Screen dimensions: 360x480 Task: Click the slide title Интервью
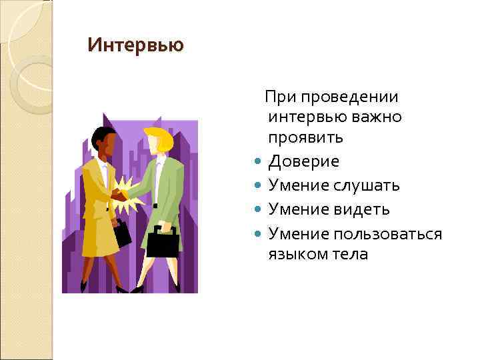pyautogui.click(x=135, y=46)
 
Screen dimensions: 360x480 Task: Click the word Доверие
pyautogui.click(x=303, y=161)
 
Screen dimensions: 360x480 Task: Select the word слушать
pyautogui.click(x=368, y=185)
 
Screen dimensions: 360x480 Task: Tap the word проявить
pyautogui.click(x=306, y=139)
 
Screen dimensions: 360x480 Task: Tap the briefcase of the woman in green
pyautogui.click(x=162, y=241)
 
